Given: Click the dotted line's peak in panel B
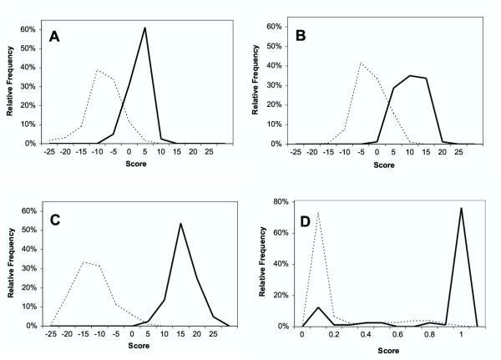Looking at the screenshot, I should click(x=361, y=63).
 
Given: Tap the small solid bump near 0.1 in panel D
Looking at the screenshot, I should click(x=318, y=307).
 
